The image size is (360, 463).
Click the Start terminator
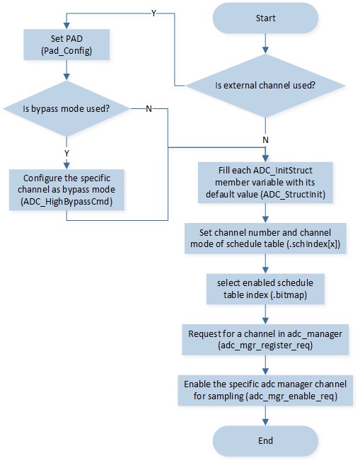[x=265, y=18]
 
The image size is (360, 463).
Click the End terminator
[x=265, y=441]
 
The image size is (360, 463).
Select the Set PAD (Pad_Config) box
[x=66, y=45]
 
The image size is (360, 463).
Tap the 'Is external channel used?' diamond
[x=265, y=86]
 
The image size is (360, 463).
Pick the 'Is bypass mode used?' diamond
[x=66, y=108]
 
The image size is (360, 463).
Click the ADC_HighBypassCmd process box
[x=66, y=190]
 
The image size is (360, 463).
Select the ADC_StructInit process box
[x=265, y=183]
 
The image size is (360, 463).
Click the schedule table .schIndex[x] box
[x=265, y=239]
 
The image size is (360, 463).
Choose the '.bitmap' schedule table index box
[x=265, y=289]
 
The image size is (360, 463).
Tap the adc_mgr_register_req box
[x=265, y=340]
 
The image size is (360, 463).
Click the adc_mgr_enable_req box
[x=265, y=390]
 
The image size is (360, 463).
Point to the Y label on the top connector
[x=153, y=13]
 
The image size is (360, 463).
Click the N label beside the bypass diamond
[x=149, y=109]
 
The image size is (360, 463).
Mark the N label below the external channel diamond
[x=265, y=140]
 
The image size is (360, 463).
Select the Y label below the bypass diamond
[x=66, y=154]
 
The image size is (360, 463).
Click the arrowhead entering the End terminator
[x=265, y=422]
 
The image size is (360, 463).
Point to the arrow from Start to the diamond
[x=265, y=44]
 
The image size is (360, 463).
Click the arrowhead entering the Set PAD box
[x=66, y=25]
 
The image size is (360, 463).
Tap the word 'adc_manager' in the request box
[x=315, y=334]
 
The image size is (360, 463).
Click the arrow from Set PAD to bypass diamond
[x=66, y=70]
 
